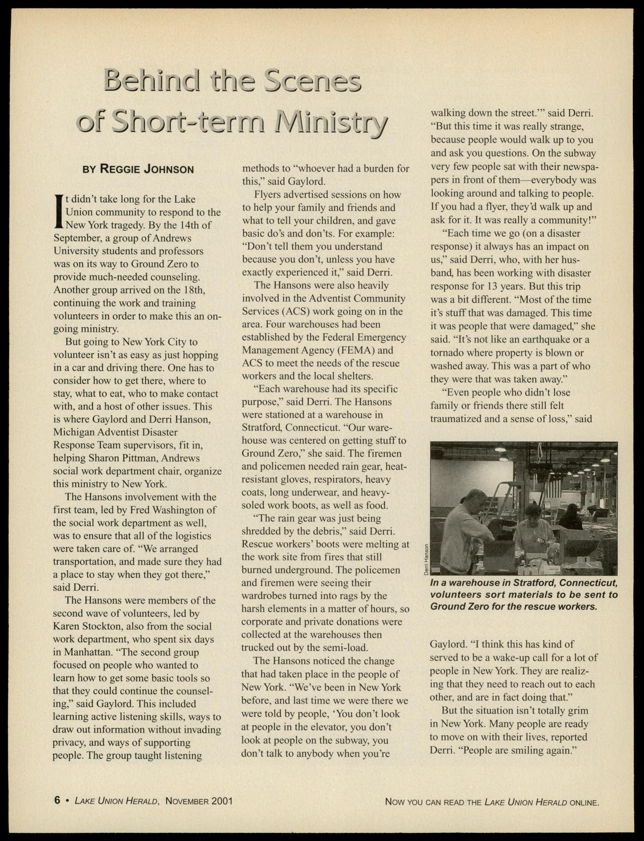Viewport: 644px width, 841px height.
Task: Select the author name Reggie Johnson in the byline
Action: tap(147, 169)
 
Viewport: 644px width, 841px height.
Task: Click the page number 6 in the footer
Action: tap(57, 800)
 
